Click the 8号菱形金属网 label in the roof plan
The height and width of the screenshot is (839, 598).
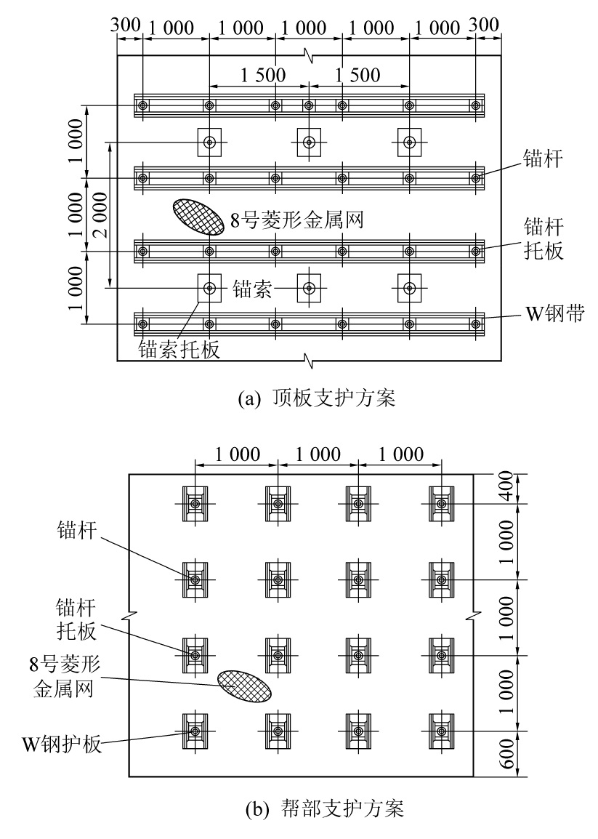tap(296, 220)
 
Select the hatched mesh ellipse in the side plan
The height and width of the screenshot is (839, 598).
tap(244, 686)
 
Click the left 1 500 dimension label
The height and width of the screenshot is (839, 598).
tap(264, 75)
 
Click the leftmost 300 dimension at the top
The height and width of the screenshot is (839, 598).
tap(126, 25)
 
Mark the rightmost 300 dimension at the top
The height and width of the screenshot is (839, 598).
tap(484, 25)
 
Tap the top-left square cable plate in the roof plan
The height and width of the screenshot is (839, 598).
tap(209, 142)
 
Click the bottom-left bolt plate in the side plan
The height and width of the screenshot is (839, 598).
tap(195, 730)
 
